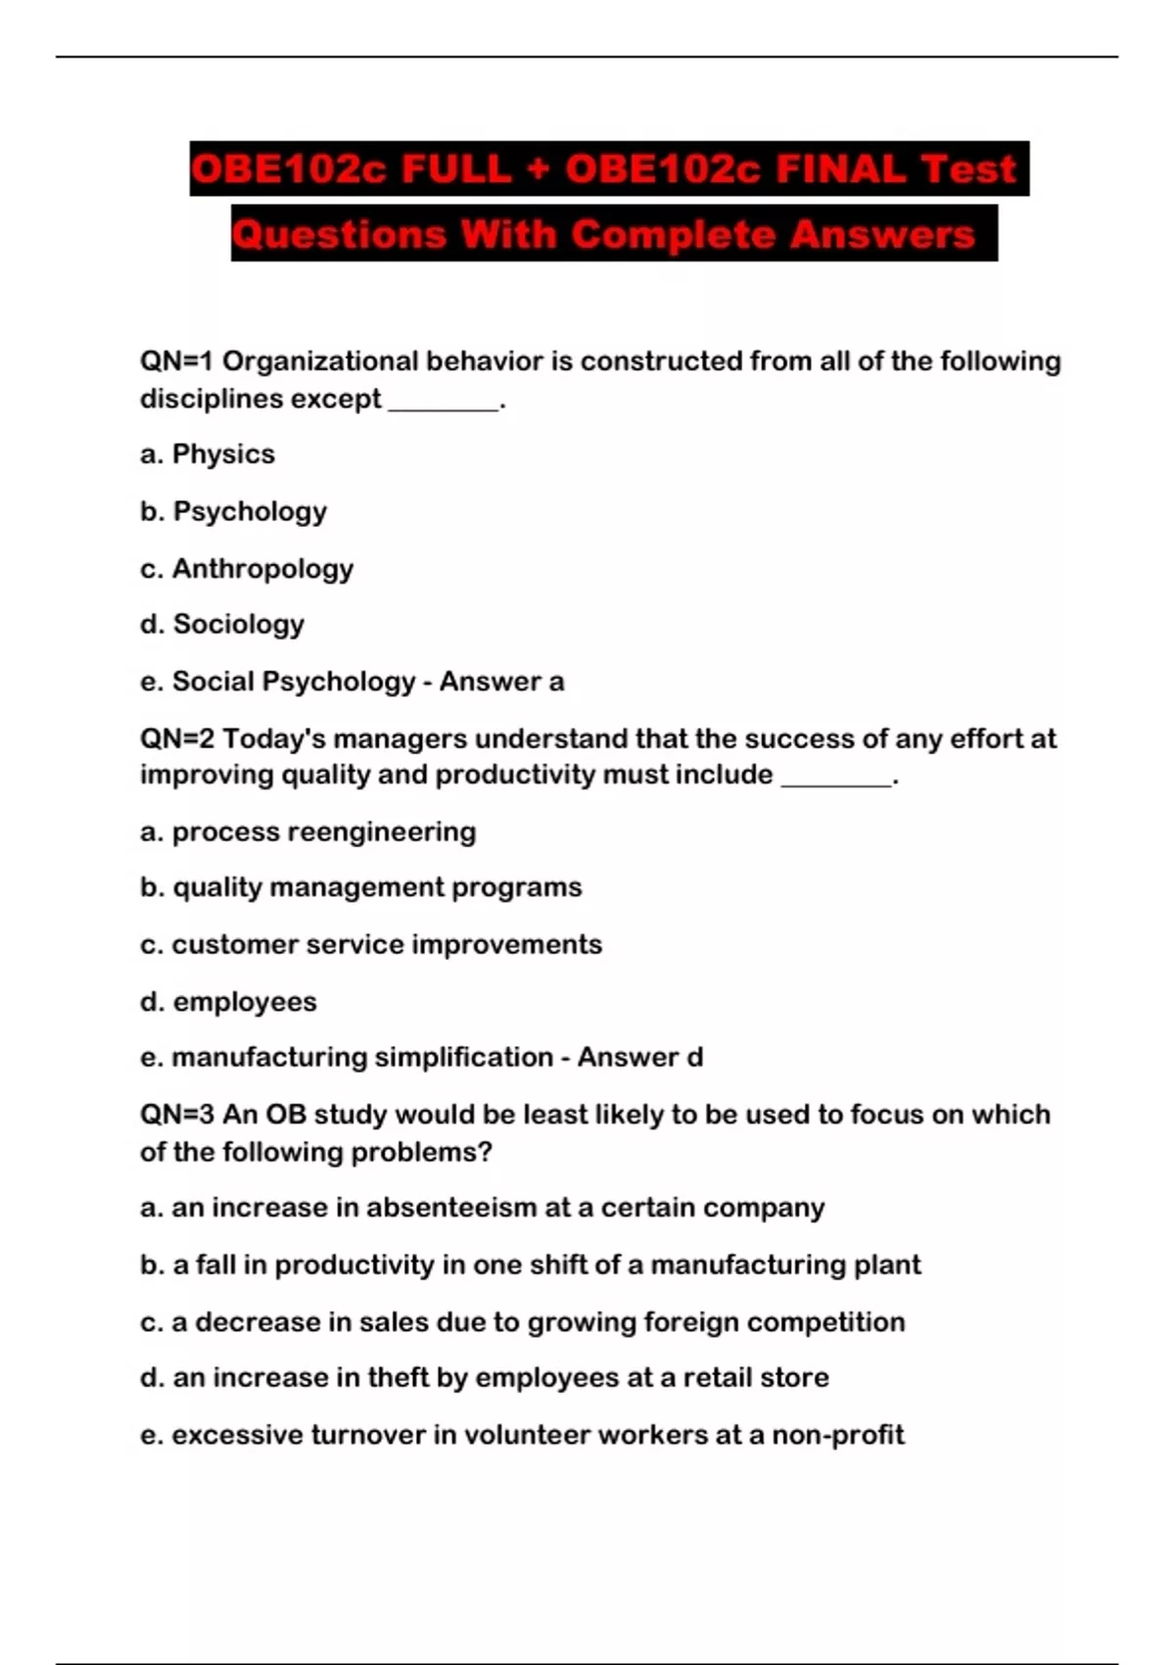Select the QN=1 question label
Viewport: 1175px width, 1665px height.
176,361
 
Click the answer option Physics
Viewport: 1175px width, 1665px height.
223,454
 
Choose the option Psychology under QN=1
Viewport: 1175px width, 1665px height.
250,511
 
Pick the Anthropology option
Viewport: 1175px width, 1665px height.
262,568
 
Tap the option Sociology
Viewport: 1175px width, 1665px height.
238,624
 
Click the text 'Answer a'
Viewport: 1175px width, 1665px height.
501,681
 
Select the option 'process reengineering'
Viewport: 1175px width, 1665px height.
324,832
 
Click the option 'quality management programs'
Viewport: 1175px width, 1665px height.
377,887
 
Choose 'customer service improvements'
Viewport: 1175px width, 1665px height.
387,944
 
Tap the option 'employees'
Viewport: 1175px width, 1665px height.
245,1002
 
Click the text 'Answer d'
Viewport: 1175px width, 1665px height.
640,1058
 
